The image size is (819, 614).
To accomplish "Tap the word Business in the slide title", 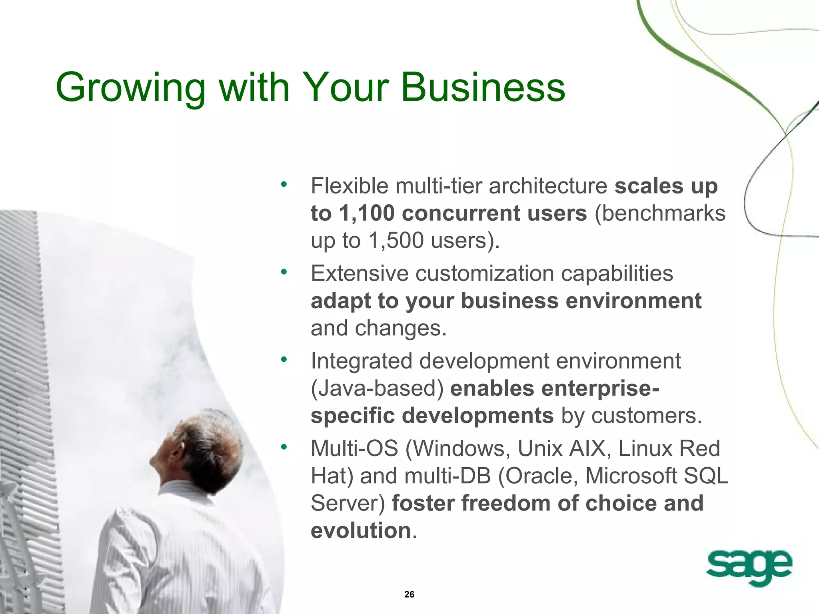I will (x=483, y=87).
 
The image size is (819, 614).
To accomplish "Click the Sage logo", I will (x=749, y=567).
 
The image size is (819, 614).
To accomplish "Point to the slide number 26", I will (x=409, y=594).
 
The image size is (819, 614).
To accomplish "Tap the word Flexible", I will (x=350, y=186).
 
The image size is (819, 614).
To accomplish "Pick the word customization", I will (x=484, y=274).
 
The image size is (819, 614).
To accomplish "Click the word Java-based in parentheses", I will (x=377, y=389).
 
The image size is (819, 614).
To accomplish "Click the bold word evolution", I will (x=361, y=530).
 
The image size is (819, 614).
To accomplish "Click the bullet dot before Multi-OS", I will (x=284, y=447).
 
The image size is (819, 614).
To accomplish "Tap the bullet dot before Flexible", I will (x=284, y=184).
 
